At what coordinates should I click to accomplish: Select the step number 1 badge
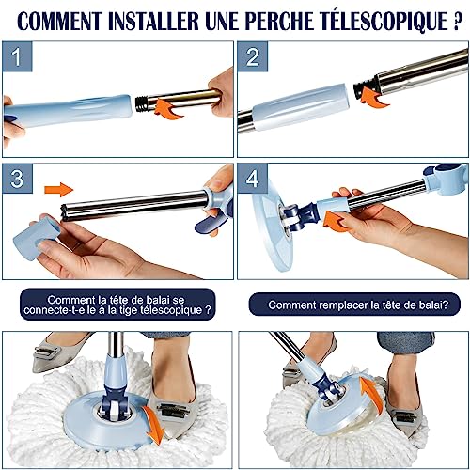click(17, 56)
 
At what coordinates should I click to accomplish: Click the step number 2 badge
click(253, 56)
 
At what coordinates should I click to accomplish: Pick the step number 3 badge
click(17, 179)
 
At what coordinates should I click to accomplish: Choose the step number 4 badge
click(253, 179)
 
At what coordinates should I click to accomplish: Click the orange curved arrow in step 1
click(167, 108)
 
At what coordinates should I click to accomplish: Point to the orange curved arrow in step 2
click(373, 97)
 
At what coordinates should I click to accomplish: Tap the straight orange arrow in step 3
click(59, 189)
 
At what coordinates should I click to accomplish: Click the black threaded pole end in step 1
click(142, 103)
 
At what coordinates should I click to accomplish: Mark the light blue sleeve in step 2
click(301, 107)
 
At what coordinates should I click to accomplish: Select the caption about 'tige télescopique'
click(117, 305)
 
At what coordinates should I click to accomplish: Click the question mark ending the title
click(458, 21)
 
